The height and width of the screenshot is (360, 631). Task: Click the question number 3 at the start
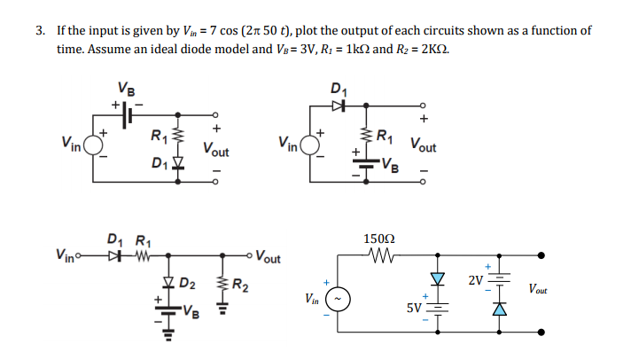(x=40, y=30)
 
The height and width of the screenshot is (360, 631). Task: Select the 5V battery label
(x=414, y=309)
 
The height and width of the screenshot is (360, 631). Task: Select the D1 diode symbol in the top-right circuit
(x=338, y=106)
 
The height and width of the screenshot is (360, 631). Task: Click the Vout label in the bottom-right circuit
(x=538, y=289)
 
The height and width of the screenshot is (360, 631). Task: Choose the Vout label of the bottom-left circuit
(x=266, y=259)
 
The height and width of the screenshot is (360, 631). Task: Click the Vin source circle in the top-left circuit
(x=91, y=142)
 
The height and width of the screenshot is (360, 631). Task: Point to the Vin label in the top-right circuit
(x=289, y=141)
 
